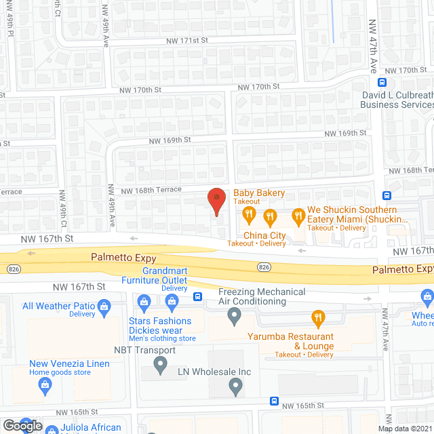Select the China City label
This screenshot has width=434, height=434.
265,235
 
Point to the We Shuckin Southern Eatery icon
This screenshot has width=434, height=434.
297,217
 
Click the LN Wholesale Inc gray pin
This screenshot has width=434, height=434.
235,388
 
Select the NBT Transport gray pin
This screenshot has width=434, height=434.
161,366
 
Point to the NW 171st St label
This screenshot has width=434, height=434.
188,41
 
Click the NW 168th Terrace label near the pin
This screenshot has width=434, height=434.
151,191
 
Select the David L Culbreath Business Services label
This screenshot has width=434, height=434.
397,100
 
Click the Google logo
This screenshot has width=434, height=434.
22,426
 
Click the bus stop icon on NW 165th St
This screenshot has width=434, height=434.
274,401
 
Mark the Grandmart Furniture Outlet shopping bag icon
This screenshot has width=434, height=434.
143,301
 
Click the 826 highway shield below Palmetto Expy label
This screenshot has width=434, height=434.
264,267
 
